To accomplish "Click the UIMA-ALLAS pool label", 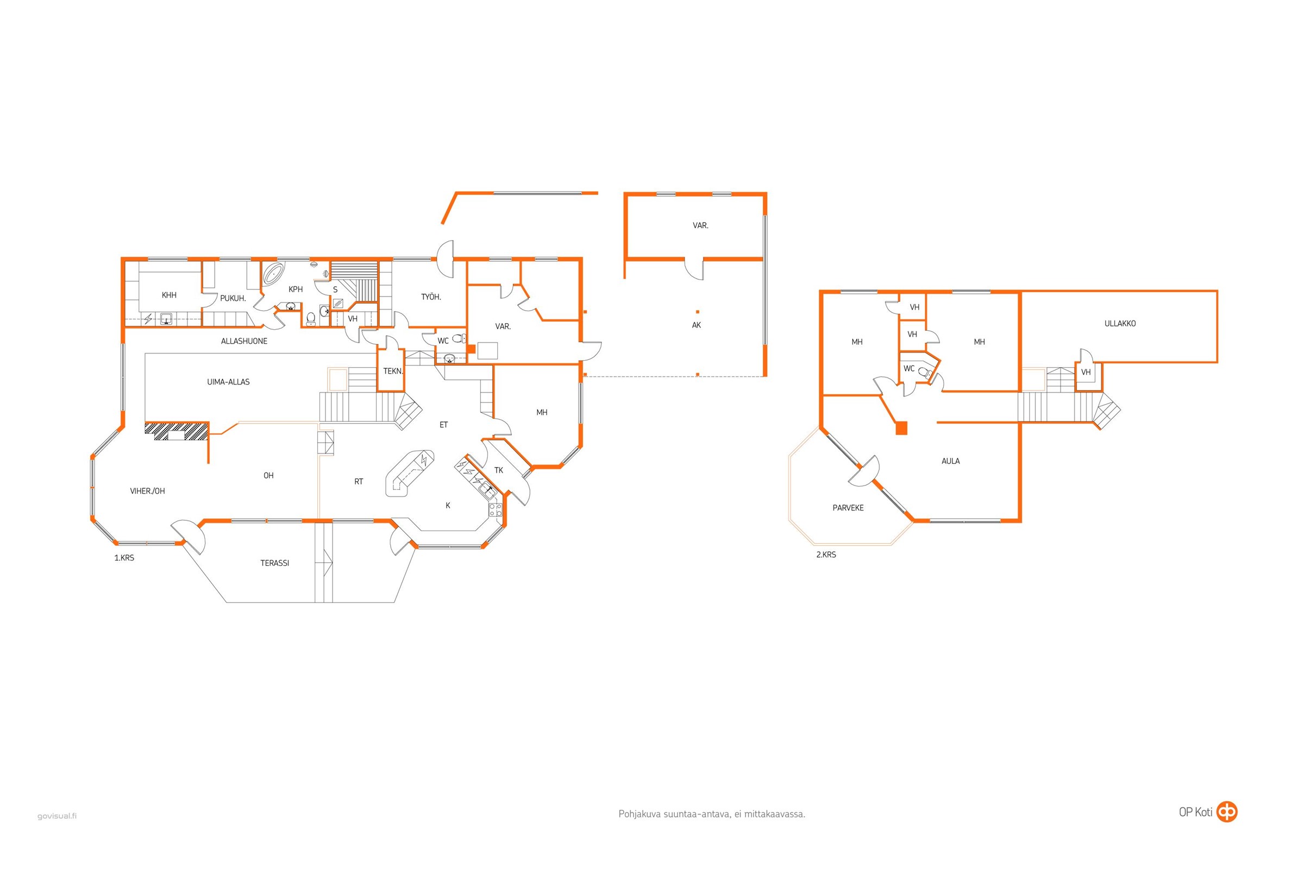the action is click(x=228, y=382).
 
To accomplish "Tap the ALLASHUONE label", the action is click(x=244, y=342).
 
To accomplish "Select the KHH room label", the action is click(x=169, y=295).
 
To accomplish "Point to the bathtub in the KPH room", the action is click(x=273, y=274).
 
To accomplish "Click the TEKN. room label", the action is click(x=393, y=371).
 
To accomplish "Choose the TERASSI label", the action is click(x=275, y=563).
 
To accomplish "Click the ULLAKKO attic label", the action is click(x=1120, y=324).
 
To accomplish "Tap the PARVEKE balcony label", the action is click(x=848, y=508).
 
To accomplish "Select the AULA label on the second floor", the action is click(x=951, y=461).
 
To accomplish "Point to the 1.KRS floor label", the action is click(x=124, y=558).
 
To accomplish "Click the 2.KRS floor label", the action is click(x=826, y=555).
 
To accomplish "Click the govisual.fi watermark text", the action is click(x=57, y=816).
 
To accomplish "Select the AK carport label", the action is click(x=697, y=325).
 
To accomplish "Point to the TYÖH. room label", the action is click(x=431, y=297).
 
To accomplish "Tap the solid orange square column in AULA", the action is click(x=901, y=428).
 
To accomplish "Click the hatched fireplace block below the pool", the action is click(x=176, y=431).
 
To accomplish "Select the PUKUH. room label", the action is click(x=233, y=298).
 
